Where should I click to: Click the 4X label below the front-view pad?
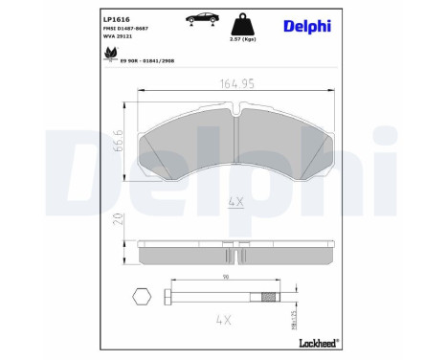click(235, 202)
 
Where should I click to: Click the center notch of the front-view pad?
click(235, 113)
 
